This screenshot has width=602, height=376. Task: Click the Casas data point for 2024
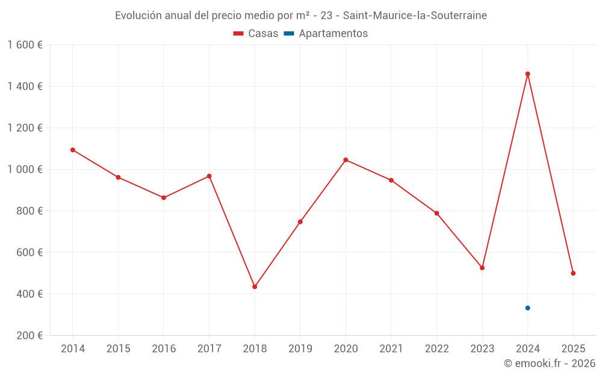click(x=527, y=74)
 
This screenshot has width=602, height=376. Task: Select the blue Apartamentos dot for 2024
click(x=527, y=308)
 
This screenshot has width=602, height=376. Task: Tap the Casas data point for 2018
click(x=255, y=287)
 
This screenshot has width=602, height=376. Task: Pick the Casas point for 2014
click(x=73, y=150)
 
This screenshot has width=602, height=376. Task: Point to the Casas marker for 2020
click(x=346, y=160)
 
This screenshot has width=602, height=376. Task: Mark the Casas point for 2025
click(x=573, y=273)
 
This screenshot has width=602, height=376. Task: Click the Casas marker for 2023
click(x=482, y=268)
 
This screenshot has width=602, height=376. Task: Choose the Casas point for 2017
click(x=209, y=176)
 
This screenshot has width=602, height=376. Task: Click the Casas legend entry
click(x=256, y=34)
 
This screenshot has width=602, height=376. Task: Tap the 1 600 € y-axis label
click(x=25, y=45)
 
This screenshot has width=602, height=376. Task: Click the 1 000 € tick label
click(x=25, y=170)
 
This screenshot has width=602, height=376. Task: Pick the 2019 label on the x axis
click(x=300, y=349)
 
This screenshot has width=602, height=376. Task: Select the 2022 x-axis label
click(x=436, y=349)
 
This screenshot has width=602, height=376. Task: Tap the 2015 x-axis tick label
click(x=118, y=349)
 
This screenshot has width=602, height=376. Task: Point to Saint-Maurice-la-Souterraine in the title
click(x=415, y=16)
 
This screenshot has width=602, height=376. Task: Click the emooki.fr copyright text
click(x=550, y=363)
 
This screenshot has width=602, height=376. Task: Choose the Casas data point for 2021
click(x=391, y=180)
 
